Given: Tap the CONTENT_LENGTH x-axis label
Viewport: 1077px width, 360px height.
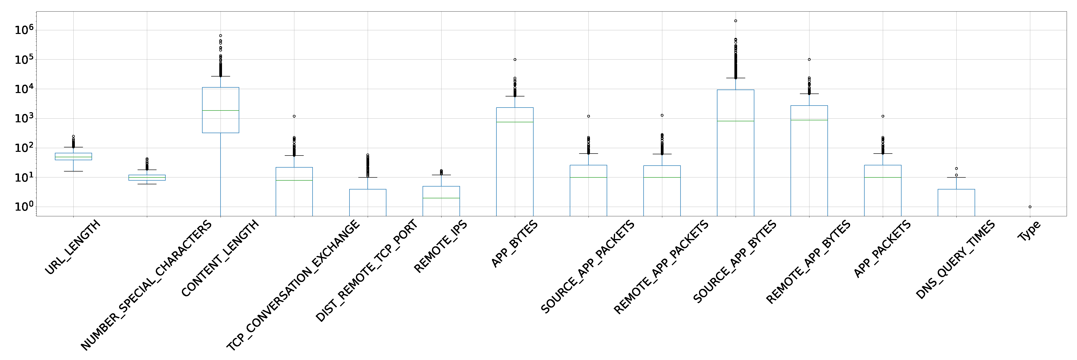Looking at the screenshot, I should tap(220, 258).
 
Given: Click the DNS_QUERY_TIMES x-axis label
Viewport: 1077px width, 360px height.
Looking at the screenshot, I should tap(955, 260).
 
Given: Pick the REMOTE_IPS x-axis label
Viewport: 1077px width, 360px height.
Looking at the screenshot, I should tap(440, 247).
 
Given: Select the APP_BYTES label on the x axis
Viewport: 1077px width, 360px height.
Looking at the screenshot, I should tap(514, 244).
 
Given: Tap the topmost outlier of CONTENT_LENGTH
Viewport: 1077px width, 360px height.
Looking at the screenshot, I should tap(220, 35).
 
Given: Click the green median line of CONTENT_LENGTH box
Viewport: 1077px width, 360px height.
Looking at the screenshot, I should tap(220, 110).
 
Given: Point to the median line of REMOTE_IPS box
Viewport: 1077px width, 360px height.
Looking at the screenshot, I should tap(441, 198).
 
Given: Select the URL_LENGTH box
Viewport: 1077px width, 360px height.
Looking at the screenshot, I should tap(73, 156).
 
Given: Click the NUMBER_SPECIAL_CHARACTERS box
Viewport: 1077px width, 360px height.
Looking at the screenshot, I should tap(147, 178).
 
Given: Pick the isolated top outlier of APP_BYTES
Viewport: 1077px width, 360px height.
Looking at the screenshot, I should tap(515, 59).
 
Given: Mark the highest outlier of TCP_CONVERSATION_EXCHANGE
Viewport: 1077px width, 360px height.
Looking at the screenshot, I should tap(294, 116).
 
